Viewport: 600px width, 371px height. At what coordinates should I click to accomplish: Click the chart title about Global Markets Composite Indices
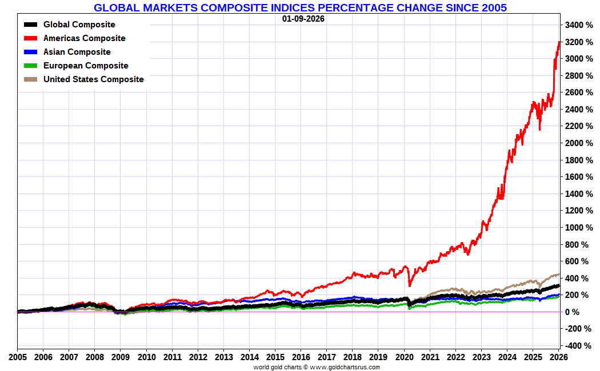click(300, 7)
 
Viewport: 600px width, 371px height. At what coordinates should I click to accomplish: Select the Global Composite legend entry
click(79, 25)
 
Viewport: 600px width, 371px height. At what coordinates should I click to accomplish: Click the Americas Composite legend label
click(84, 38)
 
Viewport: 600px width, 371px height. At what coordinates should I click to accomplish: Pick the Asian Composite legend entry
click(77, 52)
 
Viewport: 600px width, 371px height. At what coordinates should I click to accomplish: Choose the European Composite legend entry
click(86, 66)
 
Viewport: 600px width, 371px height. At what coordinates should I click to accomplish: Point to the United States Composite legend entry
click(93, 79)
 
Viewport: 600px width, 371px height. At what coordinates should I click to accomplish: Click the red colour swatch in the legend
click(31, 38)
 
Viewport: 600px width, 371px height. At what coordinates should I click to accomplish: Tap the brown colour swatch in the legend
click(31, 79)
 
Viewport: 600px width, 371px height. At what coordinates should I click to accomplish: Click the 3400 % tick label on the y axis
click(578, 25)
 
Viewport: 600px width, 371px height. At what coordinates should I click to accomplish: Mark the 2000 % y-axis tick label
click(578, 143)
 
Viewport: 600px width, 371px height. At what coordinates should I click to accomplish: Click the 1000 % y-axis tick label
click(578, 227)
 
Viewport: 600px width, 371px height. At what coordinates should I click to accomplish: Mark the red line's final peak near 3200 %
click(559, 42)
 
